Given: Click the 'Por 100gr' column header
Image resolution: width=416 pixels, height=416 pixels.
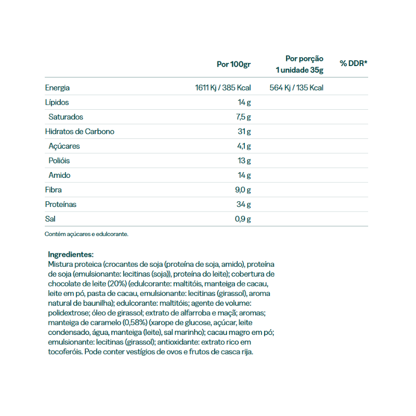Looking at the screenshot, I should pyautogui.click(x=233, y=64).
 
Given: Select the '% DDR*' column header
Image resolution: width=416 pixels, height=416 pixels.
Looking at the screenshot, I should pyautogui.click(x=354, y=63).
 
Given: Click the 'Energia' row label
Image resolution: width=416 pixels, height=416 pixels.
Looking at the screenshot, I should pyautogui.click(x=57, y=88).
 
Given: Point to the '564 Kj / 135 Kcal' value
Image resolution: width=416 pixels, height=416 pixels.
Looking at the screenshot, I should pyautogui.click(x=296, y=88).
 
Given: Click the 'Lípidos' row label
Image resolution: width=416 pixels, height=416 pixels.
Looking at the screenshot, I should pyautogui.click(x=57, y=102).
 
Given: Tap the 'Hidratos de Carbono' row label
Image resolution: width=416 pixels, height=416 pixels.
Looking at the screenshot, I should pyautogui.click(x=80, y=132).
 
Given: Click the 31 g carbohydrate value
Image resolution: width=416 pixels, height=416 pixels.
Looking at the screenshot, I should pyautogui.click(x=244, y=132).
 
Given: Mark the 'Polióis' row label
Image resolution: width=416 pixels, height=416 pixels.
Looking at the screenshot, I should pyautogui.click(x=59, y=161).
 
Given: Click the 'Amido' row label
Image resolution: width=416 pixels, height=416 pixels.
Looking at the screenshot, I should pyautogui.click(x=59, y=175).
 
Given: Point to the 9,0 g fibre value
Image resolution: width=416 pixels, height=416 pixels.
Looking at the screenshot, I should pyautogui.click(x=242, y=190).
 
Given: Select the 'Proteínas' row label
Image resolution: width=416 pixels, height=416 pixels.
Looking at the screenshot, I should pyautogui.click(x=61, y=204).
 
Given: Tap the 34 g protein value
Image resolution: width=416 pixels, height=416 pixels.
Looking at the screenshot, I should pyautogui.click(x=243, y=204).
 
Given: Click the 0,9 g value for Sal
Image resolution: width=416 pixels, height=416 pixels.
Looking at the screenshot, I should pyautogui.click(x=242, y=219).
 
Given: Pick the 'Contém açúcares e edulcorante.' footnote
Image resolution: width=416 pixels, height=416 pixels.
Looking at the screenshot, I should pyautogui.click(x=86, y=234).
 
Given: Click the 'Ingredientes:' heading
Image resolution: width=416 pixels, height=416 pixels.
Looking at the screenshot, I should pyautogui.click(x=70, y=254).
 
